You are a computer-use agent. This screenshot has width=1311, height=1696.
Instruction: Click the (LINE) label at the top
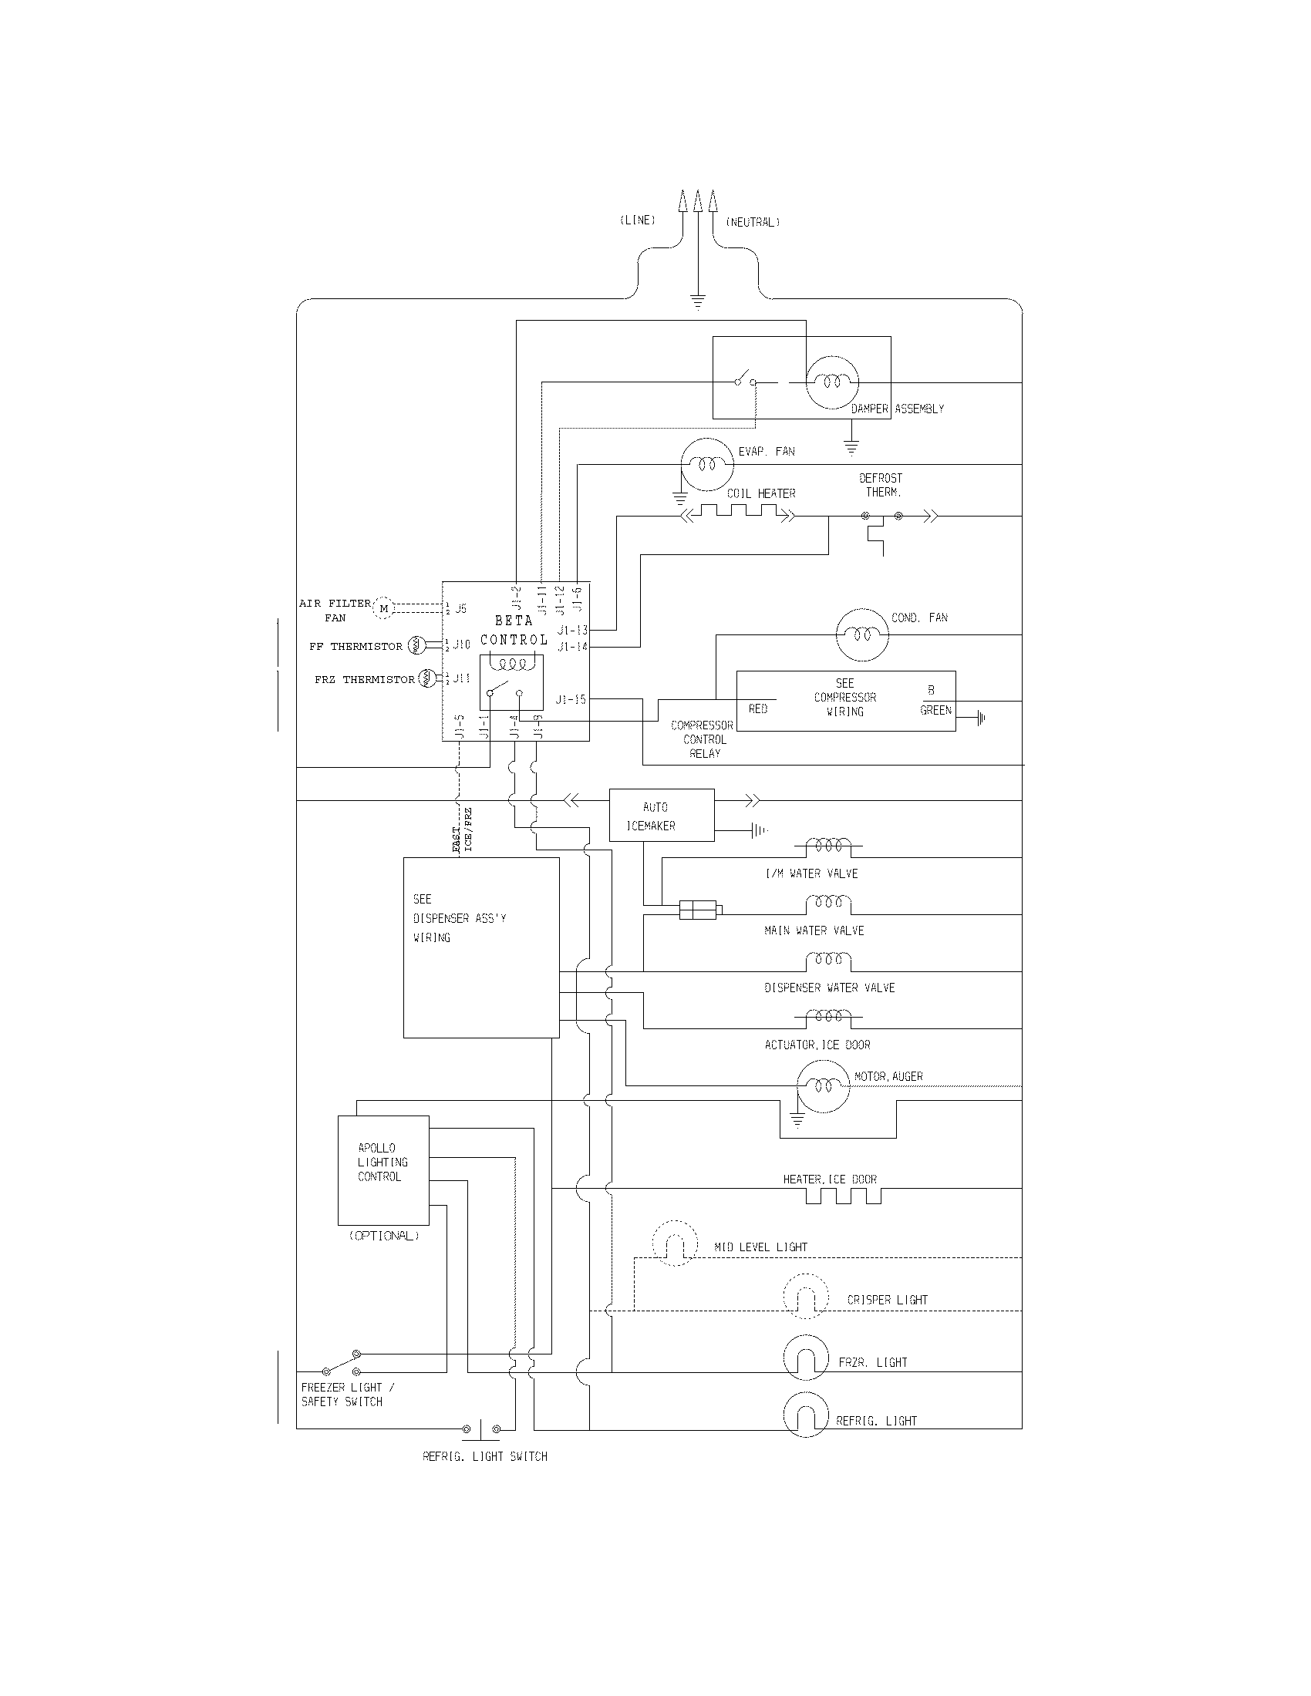(x=637, y=220)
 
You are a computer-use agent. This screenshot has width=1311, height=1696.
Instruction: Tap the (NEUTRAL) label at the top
(x=752, y=222)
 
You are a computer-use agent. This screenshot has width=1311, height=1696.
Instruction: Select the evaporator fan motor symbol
(x=706, y=464)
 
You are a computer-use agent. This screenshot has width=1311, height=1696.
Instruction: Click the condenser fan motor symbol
(x=861, y=634)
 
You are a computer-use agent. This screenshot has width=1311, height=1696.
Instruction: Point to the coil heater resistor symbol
(x=738, y=513)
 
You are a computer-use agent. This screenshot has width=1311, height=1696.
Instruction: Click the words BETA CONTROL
(x=514, y=630)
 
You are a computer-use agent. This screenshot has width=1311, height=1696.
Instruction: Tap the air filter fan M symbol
(x=384, y=609)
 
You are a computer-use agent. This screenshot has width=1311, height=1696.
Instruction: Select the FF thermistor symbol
(x=416, y=644)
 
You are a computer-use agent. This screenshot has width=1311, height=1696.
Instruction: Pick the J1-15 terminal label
(x=571, y=700)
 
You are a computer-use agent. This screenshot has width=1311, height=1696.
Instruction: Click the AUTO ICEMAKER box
(x=661, y=816)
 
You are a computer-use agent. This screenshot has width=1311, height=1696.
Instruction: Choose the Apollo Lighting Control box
(x=383, y=1170)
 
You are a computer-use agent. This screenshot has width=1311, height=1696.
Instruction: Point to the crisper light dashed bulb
(x=806, y=1296)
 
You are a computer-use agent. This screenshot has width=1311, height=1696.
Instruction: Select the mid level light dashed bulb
(x=674, y=1242)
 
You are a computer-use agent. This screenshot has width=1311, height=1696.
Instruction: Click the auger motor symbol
(x=824, y=1085)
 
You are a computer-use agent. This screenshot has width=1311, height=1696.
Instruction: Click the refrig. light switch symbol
(x=480, y=1428)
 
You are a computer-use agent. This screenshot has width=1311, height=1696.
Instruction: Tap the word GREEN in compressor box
(x=935, y=710)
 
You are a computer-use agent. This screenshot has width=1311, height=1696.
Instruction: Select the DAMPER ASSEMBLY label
(x=897, y=409)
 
